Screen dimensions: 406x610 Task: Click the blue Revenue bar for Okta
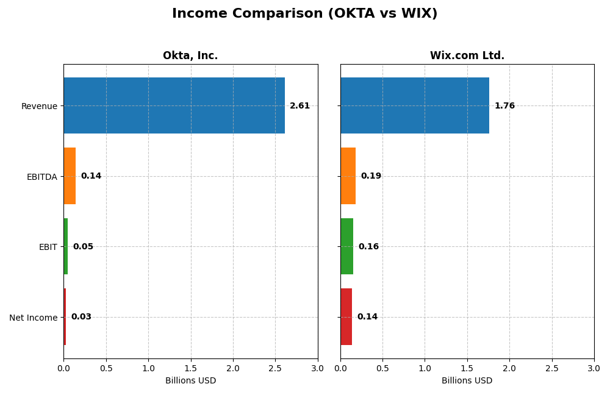[x=174, y=105]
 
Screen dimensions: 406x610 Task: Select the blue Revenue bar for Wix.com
[x=415, y=105]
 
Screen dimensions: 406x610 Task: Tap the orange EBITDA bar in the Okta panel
[x=70, y=176]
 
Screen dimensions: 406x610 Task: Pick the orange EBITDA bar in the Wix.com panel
[x=348, y=176]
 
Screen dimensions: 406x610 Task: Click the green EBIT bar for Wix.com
[x=347, y=246]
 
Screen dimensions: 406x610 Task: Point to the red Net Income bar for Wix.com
[x=346, y=317]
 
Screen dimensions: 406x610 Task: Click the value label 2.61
[x=300, y=106]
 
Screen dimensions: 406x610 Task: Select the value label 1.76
[x=504, y=106]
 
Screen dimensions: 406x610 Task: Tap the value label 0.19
[x=371, y=176]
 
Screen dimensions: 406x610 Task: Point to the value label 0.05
[x=83, y=247]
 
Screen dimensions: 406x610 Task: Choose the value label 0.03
[x=81, y=317]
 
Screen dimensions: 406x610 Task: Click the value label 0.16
[x=368, y=247]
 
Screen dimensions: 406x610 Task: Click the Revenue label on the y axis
[x=39, y=107]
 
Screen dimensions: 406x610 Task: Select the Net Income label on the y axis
[x=33, y=318]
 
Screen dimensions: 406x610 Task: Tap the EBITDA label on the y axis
[x=41, y=177]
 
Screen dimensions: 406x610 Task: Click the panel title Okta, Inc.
[x=190, y=56]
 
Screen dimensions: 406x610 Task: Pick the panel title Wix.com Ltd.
[x=467, y=56]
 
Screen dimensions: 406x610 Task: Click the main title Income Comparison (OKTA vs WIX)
[x=304, y=14]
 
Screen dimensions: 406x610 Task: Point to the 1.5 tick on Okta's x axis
[x=190, y=368]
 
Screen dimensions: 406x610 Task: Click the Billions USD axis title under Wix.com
[x=467, y=381]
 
